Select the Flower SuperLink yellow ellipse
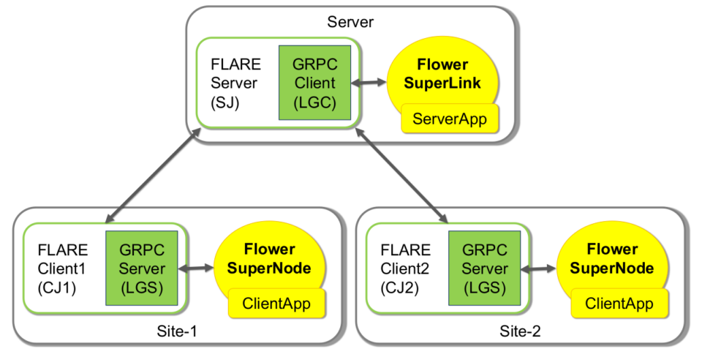[x=442, y=70]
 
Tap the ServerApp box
[x=450, y=118]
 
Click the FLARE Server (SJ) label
[x=235, y=83]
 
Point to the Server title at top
[x=350, y=22]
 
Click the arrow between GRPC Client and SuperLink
[x=369, y=83]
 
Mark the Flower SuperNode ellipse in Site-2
[x=612, y=256]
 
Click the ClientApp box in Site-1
[x=277, y=303]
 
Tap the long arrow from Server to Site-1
[x=152, y=176]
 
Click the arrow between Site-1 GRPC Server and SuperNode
[x=197, y=269]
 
